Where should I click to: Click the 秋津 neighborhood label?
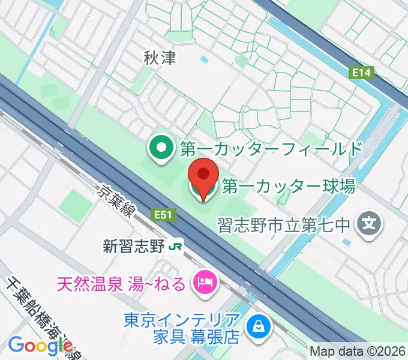tap(159, 58)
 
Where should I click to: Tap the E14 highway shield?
tap(361, 72)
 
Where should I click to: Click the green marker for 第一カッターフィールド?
tap(160, 149)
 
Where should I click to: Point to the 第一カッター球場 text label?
tap(288, 186)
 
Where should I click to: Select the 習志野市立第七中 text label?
tap(284, 226)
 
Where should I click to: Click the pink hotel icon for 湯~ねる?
tap(204, 281)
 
